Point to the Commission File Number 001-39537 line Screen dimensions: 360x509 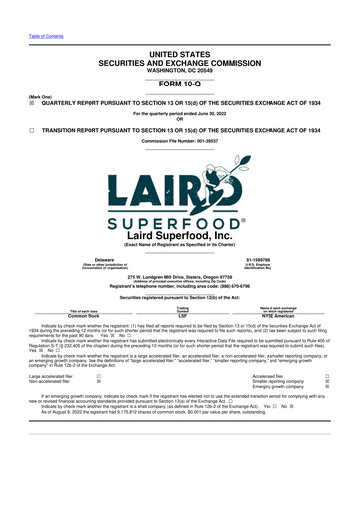pyautogui.click(x=180, y=142)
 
